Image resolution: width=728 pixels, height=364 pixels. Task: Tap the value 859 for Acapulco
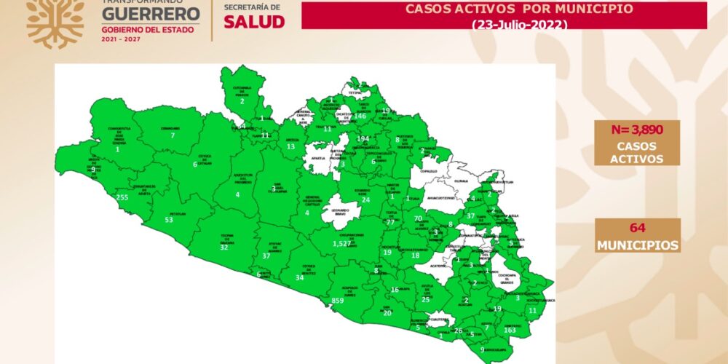click(x=337, y=301)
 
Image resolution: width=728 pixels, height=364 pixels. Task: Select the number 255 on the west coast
click(x=122, y=197)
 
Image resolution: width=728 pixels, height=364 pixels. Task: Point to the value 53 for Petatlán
click(x=169, y=219)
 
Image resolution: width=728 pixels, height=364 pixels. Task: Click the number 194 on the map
click(x=363, y=138)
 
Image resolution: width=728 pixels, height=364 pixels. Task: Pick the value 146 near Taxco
click(x=360, y=116)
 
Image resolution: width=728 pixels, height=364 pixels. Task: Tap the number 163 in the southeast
click(x=510, y=330)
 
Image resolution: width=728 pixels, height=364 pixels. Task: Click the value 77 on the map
click(x=390, y=222)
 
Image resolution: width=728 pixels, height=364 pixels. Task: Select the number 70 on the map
click(x=418, y=218)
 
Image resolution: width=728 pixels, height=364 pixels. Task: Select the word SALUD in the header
click(x=254, y=21)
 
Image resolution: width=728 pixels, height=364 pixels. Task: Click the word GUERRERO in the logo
click(x=150, y=15)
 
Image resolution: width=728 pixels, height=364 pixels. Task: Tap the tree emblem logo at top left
click(x=55, y=22)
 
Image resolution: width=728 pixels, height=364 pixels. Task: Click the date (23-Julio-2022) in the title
click(x=518, y=24)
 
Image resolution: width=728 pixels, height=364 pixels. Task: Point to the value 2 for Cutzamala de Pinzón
click(x=242, y=101)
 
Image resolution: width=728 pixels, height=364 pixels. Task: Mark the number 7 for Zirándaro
click(x=173, y=135)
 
